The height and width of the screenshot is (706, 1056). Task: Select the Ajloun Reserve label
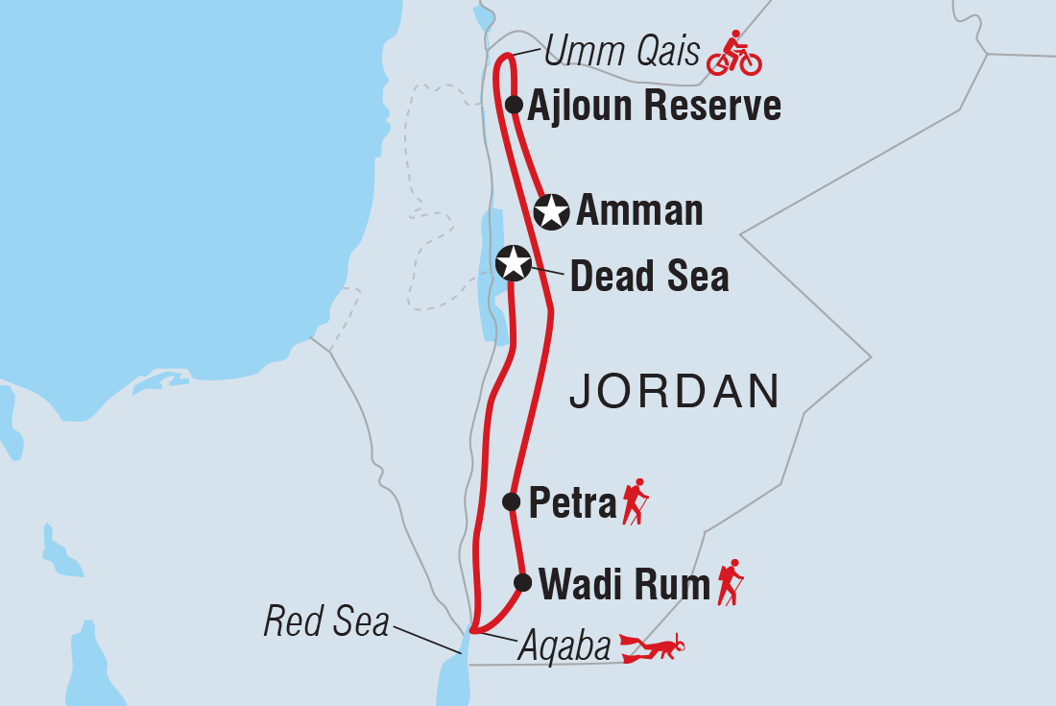[x=655, y=106]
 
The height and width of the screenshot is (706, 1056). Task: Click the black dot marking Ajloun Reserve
[x=514, y=105]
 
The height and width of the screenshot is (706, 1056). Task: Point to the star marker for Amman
[x=552, y=211]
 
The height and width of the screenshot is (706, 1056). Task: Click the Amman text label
[x=639, y=211]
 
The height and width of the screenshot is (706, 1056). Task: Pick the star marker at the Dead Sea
[x=513, y=261]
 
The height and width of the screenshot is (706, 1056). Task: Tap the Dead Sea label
[x=650, y=277]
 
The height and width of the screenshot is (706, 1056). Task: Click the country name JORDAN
[x=674, y=392]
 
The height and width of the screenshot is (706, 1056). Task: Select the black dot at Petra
[x=512, y=500]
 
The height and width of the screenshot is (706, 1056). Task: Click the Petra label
[x=572, y=503]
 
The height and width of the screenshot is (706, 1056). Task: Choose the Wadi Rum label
[x=624, y=583]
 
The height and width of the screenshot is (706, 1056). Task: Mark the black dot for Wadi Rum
[x=522, y=582]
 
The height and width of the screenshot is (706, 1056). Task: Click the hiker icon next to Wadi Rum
[x=731, y=582]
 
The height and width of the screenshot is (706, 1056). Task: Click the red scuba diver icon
[x=654, y=647]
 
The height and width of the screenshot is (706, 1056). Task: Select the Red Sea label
[x=326, y=622]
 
